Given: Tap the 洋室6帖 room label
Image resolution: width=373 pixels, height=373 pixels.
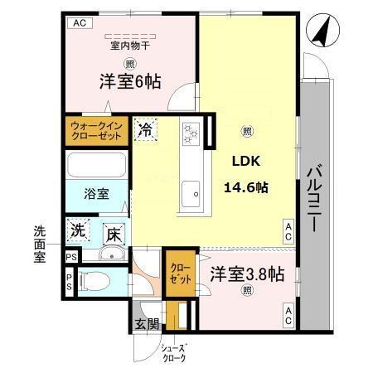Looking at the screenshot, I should (x=130, y=81).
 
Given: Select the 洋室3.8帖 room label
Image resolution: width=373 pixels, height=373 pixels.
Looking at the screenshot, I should (x=246, y=273).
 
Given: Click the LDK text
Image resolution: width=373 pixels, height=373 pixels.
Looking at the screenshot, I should (x=246, y=162).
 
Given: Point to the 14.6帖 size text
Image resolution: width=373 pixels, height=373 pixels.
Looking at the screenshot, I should (x=245, y=187).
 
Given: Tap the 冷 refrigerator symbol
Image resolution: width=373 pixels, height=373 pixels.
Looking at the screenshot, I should (x=144, y=129).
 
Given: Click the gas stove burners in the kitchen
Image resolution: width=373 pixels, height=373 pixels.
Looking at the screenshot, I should (x=191, y=133).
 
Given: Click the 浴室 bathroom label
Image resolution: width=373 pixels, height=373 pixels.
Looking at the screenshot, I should (x=95, y=194).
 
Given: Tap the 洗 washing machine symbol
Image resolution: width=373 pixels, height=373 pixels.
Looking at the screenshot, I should (x=79, y=231).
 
